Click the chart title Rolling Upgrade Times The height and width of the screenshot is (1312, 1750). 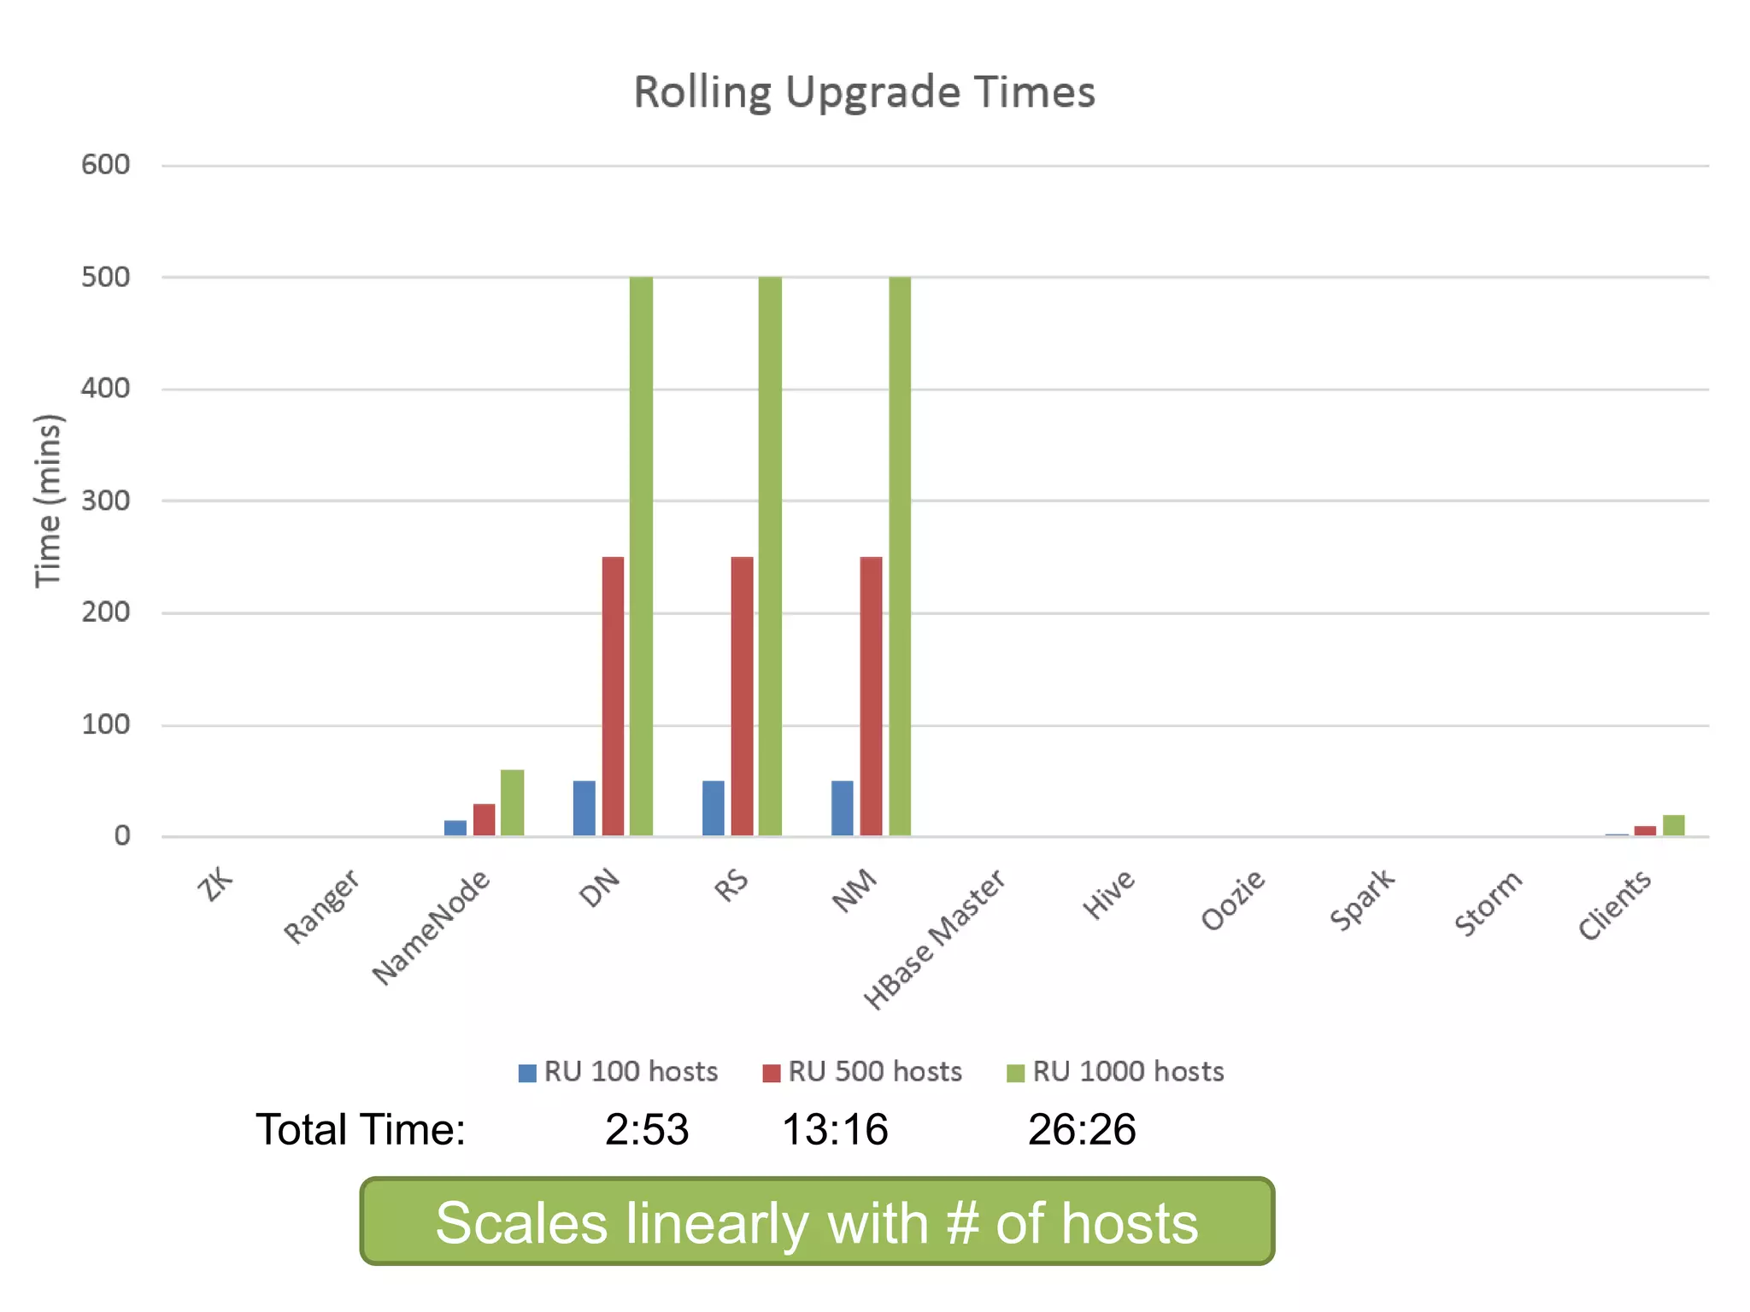coord(864,92)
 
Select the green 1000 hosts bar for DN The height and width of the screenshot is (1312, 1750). coord(641,555)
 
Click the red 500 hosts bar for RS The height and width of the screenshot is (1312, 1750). coord(742,695)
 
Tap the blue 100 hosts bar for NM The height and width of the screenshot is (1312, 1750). coord(842,807)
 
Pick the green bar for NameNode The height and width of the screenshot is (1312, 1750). coord(512,802)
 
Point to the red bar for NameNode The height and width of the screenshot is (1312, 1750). coord(484,819)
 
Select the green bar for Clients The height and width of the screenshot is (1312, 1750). coord(1673,825)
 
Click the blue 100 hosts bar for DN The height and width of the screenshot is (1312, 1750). coord(584,807)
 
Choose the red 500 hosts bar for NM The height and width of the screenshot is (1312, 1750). coord(871,695)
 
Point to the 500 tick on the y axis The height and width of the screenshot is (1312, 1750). coord(105,277)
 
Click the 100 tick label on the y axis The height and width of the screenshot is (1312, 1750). coord(105,724)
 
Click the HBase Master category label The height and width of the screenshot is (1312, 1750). coord(934,940)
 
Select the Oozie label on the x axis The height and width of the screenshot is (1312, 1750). coord(1232,900)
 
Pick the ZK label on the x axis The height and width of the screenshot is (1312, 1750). coord(214,883)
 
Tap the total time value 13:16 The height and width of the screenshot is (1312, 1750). coord(835,1129)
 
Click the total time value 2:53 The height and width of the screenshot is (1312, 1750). coord(647,1129)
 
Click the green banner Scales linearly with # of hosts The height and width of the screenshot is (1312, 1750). coord(817,1221)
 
